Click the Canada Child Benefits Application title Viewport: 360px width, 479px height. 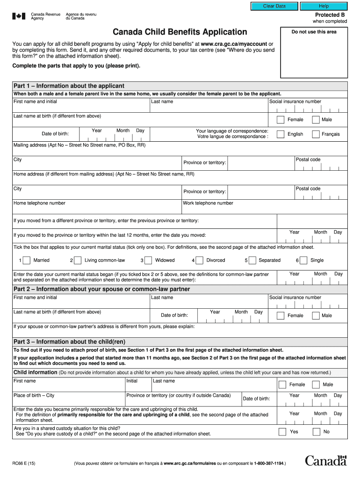click(180, 32)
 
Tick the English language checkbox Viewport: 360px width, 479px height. click(281, 134)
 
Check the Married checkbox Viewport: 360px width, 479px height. click(27, 261)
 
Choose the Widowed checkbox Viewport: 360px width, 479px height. click(148, 261)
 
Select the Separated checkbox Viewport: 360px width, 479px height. click(252, 261)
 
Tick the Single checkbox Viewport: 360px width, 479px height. click(303, 261)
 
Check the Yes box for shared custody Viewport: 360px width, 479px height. click(282, 432)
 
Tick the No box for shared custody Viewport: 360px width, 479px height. click(317, 432)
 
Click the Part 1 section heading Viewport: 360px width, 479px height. click(69, 86)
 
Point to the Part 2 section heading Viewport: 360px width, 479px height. click(101, 289)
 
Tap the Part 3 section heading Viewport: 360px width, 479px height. click(69, 341)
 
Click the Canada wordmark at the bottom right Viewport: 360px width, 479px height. click(326, 461)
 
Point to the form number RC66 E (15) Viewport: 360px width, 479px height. click(24, 464)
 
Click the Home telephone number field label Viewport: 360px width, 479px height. click(40, 203)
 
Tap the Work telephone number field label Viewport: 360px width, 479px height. click(208, 203)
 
